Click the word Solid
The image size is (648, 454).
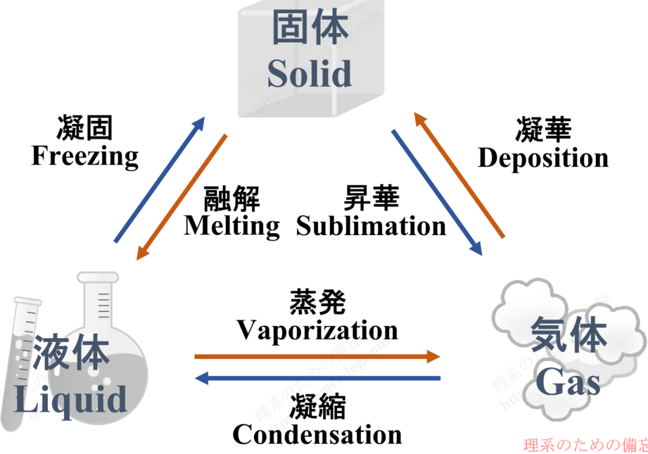coord(309,73)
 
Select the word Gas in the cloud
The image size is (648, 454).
coord(568,384)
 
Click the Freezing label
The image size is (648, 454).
coord(85,156)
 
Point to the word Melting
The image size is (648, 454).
coord(231,226)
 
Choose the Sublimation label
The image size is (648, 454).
coord(371,226)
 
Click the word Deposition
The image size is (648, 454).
coord(543,158)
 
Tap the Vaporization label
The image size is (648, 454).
coord(317,330)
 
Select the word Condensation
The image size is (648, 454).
coord(317,434)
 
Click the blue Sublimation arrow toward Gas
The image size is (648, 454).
coord(437,192)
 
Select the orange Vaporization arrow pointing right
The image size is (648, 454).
coord(317,357)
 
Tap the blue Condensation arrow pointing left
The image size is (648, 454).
coord(317,379)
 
